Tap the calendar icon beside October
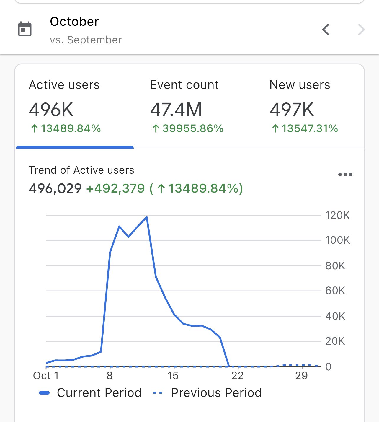coord(25,29)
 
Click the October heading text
coord(74,22)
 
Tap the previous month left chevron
coord(326,30)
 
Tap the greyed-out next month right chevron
coord(361,30)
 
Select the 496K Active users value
coord(51,110)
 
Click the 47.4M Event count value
coord(176,110)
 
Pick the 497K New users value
coord(292,110)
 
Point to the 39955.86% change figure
coord(188,128)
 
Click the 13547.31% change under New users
coord(305,128)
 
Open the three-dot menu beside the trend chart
coord(345,175)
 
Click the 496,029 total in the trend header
coord(55,188)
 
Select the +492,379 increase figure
coord(115,188)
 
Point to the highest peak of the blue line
coord(147,217)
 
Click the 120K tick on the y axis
coord(337,215)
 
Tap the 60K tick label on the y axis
coord(335,291)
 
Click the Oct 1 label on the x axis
coord(46,376)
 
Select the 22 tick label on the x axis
coord(237,376)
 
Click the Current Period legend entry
coord(91,393)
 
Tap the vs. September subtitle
coord(86,40)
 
